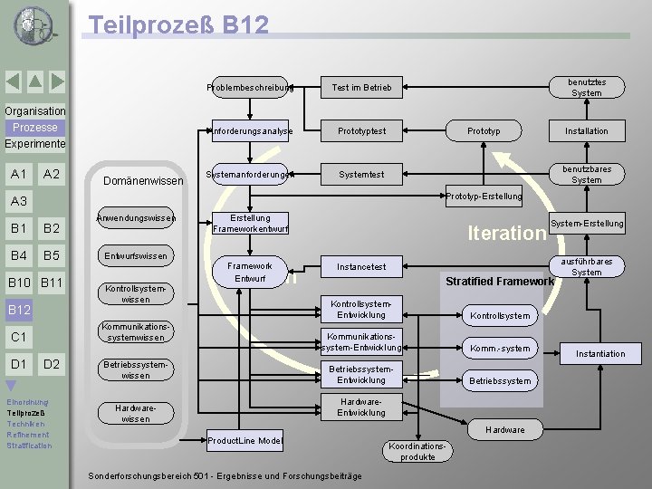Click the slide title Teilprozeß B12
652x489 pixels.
pos(177,24)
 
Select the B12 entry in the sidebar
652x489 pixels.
pos(20,311)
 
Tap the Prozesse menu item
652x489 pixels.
pos(35,128)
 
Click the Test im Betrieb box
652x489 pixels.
pos(361,88)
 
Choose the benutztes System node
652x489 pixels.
pos(586,88)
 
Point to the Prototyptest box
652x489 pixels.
pos(361,131)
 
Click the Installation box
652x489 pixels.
pos(586,131)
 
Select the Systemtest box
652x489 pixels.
pos(361,175)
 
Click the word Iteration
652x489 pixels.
pos(506,234)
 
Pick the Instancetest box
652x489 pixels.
pos(361,267)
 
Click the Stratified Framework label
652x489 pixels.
pos(499,282)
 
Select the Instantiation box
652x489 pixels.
pos(599,353)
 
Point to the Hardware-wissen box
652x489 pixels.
pos(135,413)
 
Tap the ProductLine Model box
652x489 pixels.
pos(244,441)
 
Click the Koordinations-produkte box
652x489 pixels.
pos(417,451)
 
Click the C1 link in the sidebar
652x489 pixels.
pos(17,338)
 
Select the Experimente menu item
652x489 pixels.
pos(35,144)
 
